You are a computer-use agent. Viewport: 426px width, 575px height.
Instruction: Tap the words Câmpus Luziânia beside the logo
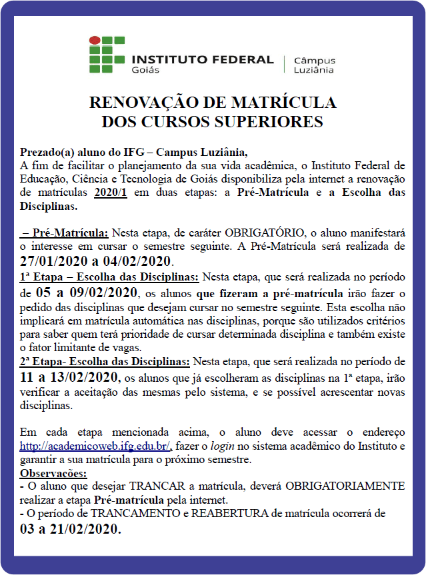[x=314, y=64]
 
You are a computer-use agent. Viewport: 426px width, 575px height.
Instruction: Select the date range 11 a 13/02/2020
[x=71, y=378]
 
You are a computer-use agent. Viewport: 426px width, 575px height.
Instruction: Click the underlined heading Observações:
[x=53, y=473]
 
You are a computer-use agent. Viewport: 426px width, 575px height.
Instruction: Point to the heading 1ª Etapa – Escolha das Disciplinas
[x=110, y=277]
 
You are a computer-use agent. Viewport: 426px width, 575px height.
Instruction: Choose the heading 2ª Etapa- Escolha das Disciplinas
[x=105, y=361]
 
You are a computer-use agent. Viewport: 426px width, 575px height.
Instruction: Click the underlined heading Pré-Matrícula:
[x=65, y=233]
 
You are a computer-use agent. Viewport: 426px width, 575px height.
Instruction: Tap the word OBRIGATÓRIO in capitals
[x=264, y=233]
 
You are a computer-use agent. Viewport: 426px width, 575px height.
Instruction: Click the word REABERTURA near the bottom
[x=241, y=514]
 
